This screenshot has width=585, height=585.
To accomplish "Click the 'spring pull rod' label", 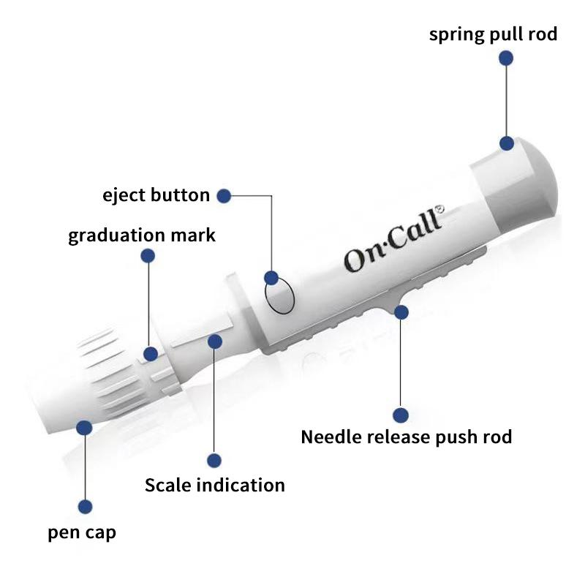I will click(x=493, y=34).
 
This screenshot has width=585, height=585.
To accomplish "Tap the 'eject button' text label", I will click(x=156, y=195).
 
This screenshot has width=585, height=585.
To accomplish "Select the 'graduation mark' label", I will click(x=142, y=235).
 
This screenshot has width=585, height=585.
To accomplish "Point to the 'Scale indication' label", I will click(x=214, y=485).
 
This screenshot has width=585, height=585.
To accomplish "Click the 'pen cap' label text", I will click(x=82, y=532).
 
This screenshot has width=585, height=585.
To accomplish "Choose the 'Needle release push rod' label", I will click(x=407, y=437).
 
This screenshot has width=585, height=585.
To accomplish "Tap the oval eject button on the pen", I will click(x=279, y=296).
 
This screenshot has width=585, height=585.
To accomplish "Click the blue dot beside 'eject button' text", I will click(x=224, y=195).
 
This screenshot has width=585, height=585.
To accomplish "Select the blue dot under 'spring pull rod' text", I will click(x=506, y=58).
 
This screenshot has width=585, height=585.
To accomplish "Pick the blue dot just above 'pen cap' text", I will click(x=85, y=506).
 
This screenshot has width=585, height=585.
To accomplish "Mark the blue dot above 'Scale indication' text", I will click(x=214, y=461).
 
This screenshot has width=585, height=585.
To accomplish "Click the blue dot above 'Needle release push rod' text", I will click(x=400, y=415).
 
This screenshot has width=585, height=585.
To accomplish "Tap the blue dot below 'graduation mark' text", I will click(x=148, y=255).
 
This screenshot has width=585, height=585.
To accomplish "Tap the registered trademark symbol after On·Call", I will click(x=439, y=209).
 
